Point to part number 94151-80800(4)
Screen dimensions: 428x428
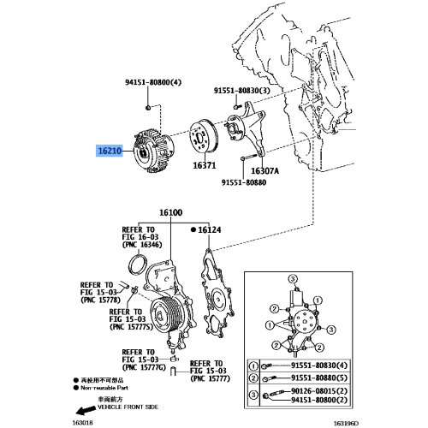(153, 83)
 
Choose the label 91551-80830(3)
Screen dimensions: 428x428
(242, 90)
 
